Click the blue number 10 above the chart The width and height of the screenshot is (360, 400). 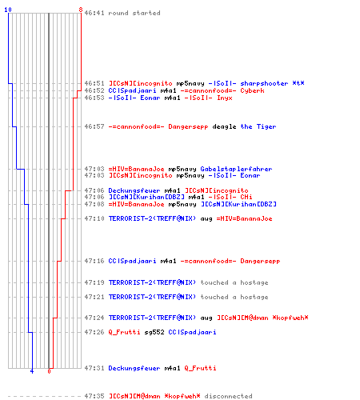pyautogui.click(x=8, y=10)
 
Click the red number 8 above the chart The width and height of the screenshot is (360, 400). pyautogui.click(x=81, y=10)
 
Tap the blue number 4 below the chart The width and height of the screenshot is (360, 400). pyautogui.click(x=32, y=371)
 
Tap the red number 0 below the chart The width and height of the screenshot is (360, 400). pyautogui.click(x=49, y=371)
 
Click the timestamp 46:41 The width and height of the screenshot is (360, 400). pyautogui.click(x=94, y=13)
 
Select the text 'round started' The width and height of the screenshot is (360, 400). pyautogui.click(x=134, y=13)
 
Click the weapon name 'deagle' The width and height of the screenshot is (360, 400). pyautogui.click(x=224, y=126)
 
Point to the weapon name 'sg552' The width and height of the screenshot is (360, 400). pyautogui.click(x=154, y=332)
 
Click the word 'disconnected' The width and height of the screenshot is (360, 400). pyautogui.click(x=228, y=396)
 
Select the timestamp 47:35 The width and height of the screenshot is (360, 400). pyautogui.click(x=94, y=396)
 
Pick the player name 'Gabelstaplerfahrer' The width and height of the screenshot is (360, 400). pyautogui.click(x=236, y=169)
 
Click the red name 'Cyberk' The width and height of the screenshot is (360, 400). pyautogui.click(x=252, y=90)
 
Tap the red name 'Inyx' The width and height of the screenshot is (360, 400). pyautogui.click(x=225, y=98)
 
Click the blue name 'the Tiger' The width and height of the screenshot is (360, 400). pyautogui.click(x=258, y=126)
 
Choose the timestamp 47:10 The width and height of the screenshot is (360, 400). pyautogui.click(x=94, y=218)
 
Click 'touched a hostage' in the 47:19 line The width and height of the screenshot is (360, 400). pyautogui.click(x=234, y=282)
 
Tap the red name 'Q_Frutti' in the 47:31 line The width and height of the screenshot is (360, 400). pyautogui.click(x=200, y=368)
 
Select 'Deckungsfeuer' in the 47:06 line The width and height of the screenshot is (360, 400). pyautogui.click(x=134, y=190)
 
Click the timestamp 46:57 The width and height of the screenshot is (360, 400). pyautogui.click(x=94, y=126)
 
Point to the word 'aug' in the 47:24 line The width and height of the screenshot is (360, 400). pyautogui.click(x=206, y=318)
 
